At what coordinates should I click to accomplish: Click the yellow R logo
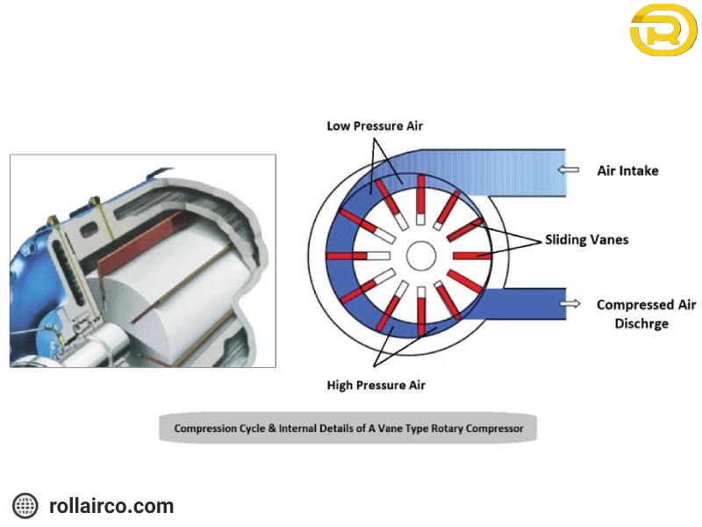pyautogui.click(x=663, y=30)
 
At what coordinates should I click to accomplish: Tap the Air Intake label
pyautogui.click(x=627, y=170)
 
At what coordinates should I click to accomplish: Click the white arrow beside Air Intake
pyautogui.click(x=568, y=170)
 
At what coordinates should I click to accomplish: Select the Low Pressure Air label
pyautogui.click(x=375, y=126)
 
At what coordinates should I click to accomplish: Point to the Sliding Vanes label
pyautogui.click(x=586, y=240)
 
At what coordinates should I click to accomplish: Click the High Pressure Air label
pyautogui.click(x=376, y=385)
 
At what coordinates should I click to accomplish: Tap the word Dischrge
pyautogui.click(x=641, y=323)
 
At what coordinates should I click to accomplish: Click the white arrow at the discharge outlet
pyautogui.click(x=570, y=304)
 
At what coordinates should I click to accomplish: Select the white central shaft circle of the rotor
pyautogui.click(x=421, y=256)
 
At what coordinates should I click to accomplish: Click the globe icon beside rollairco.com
pyautogui.click(x=25, y=506)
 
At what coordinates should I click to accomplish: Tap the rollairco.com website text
pyautogui.click(x=111, y=506)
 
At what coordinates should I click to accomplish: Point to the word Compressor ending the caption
pyautogui.click(x=494, y=429)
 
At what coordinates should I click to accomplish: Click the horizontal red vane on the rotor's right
pyautogui.click(x=472, y=256)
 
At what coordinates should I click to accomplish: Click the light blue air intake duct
pyautogui.click(x=492, y=172)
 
